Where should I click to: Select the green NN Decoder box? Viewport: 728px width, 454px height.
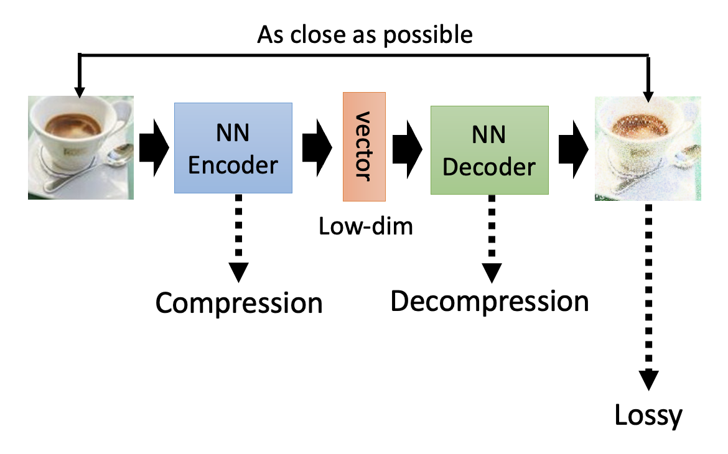tap(489, 151)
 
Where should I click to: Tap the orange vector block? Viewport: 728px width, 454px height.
tap(364, 147)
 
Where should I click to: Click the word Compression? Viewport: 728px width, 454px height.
tap(239, 303)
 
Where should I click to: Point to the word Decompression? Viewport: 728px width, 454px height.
tap(489, 302)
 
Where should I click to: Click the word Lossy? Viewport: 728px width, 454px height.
tap(648, 415)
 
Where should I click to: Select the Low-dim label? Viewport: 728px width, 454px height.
tap(365, 226)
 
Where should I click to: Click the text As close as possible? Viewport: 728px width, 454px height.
tap(365, 35)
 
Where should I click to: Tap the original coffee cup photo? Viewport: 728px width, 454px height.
tap(81, 147)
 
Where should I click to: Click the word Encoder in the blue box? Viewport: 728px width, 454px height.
tap(233, 164)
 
